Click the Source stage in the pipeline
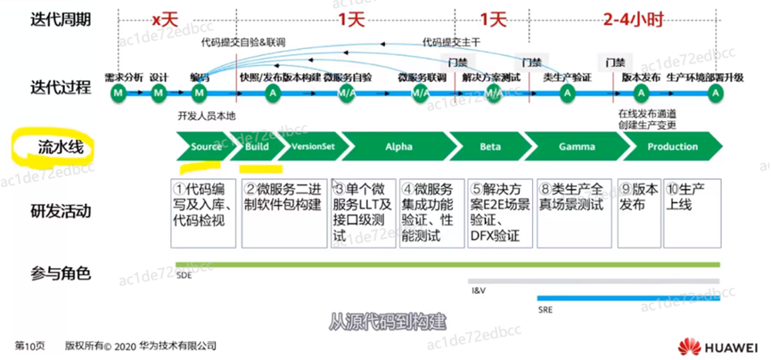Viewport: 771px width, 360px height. pyautogui.click(x=205, y=146)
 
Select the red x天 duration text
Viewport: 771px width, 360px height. pyautogui.click(x=166, y=18)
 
